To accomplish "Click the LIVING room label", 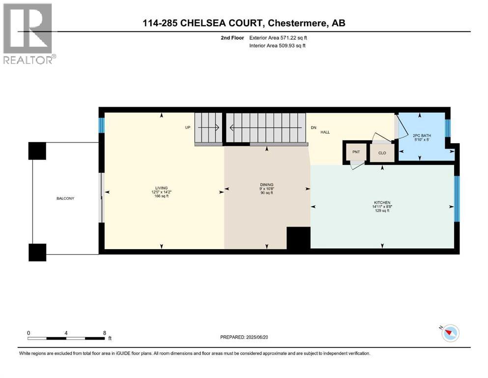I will (161, 188).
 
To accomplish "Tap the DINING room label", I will (267, 185).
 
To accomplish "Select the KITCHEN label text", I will (382, 203).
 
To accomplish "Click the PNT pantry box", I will (356, 152).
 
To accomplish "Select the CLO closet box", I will (382, 153).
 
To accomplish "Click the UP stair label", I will (187, 127).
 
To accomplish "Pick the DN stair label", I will (314, 127).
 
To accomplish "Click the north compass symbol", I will (449, 334).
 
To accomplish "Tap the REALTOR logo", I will (29, 33).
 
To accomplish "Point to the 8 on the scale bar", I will (104, 332).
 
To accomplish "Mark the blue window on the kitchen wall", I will (457, 199).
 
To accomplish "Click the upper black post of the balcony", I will (37, 151).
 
